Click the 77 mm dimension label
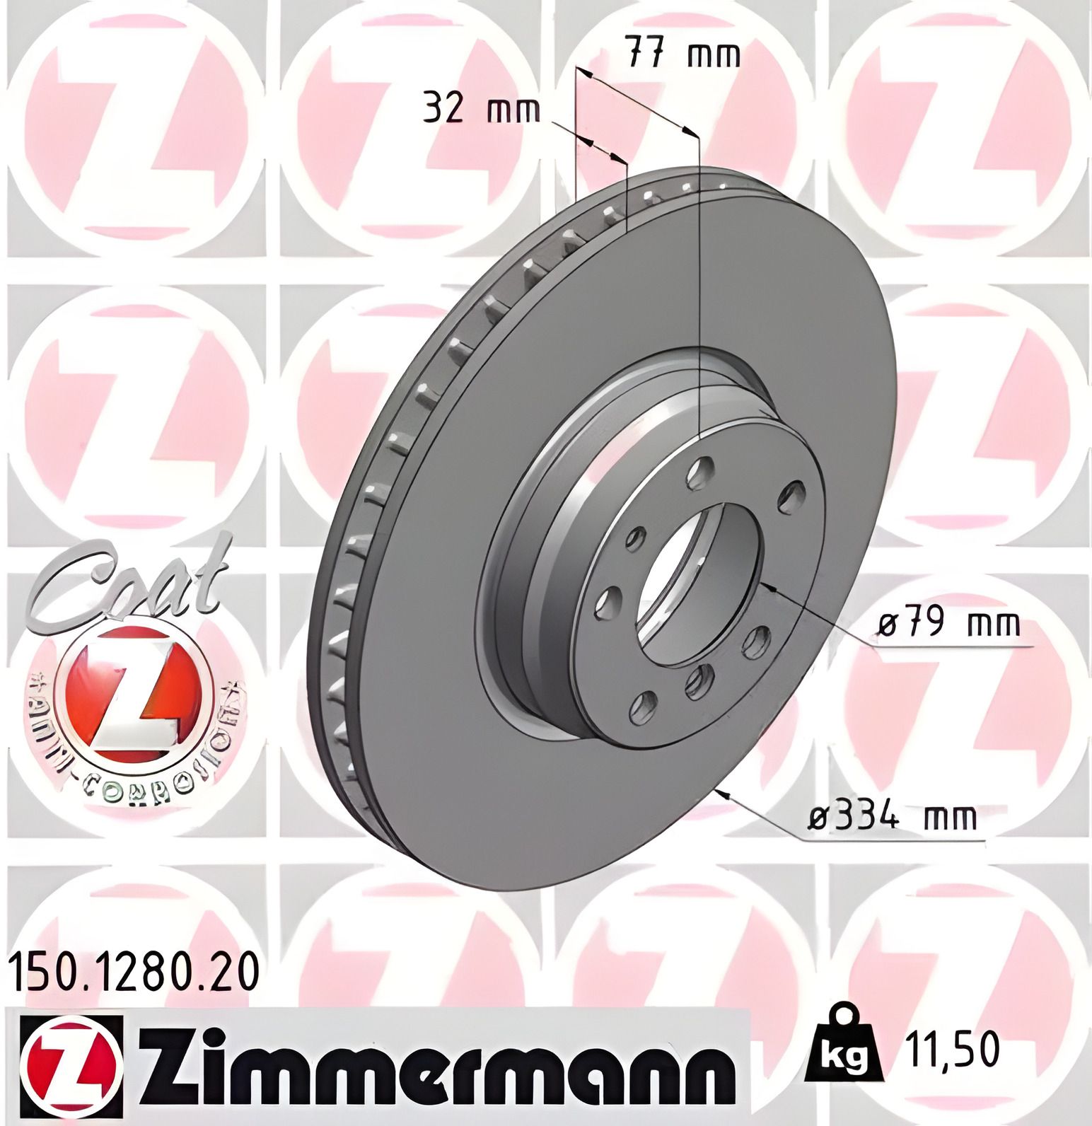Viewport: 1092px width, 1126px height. [x=683, y=54]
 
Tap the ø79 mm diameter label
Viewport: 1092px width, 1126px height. [x=948, y=624]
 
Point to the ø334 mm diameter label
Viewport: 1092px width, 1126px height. [x=893, y=818]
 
